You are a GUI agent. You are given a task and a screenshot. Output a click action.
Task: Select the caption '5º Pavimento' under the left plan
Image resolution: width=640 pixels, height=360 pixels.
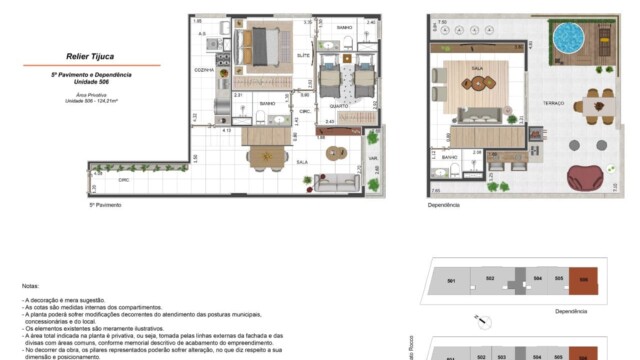tap(105, 204)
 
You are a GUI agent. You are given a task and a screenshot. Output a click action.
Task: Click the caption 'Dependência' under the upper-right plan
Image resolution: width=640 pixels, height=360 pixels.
tap(443, 204)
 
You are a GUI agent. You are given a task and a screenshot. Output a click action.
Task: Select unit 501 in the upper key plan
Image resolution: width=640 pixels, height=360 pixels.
tap(451, 282)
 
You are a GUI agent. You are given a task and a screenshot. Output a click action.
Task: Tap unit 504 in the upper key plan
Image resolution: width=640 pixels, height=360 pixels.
tap(537, 281)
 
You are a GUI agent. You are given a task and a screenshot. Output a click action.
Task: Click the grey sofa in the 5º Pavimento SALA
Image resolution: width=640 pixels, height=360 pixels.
tap(336, 182)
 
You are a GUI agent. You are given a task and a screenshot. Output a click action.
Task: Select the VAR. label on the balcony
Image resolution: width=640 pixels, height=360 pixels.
tap(373, 157)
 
